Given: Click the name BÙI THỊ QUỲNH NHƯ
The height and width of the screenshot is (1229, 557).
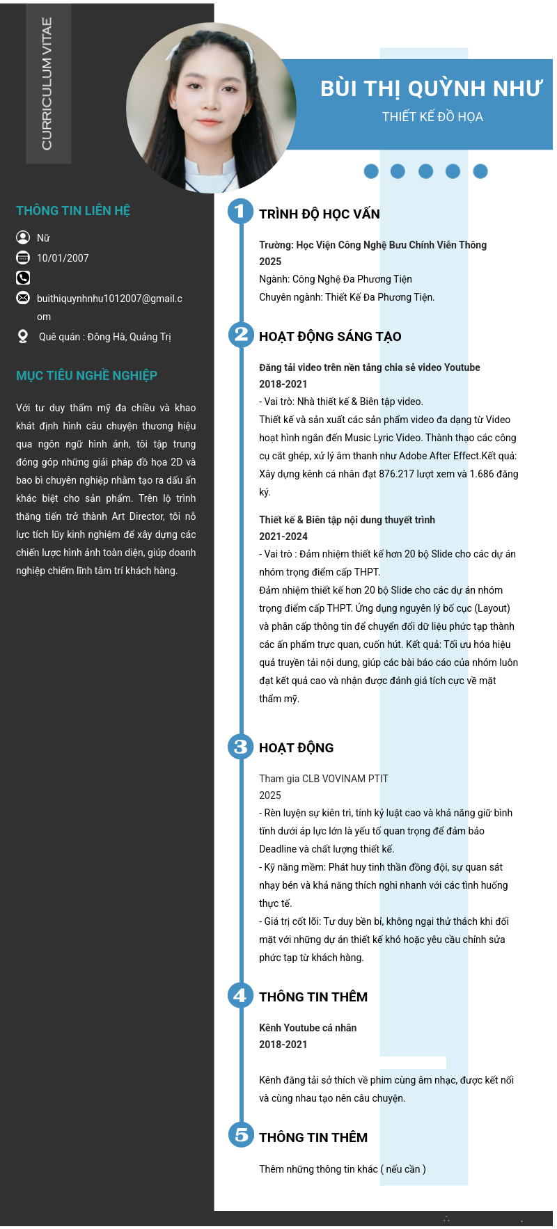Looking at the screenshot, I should (x=431, y=89).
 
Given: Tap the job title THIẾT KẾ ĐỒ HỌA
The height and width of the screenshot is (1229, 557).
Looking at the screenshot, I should (x=432, y=117).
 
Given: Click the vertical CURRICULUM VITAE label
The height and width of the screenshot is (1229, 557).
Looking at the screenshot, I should (x=47, y=84).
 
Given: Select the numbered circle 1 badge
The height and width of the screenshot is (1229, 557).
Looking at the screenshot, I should (x=240, y=211).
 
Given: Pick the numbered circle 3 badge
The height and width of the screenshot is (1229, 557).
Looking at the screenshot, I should (x=240, y=747).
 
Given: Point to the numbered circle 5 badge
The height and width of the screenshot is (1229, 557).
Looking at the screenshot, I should (x=241, y=1135).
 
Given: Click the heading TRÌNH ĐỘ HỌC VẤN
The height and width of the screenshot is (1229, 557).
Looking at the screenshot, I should (x=320, y=214).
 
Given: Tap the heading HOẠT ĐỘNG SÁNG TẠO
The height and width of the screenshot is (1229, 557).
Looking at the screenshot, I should (x=330, y=337).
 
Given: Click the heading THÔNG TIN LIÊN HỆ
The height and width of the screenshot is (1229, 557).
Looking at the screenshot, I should (x=73, y=211).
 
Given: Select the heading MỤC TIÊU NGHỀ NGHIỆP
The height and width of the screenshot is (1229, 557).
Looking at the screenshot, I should (x=86, y=376).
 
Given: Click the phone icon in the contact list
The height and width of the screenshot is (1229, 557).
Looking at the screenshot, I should (x=23, y=278).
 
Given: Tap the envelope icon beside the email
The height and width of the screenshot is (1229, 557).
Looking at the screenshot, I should (x=23, y=298).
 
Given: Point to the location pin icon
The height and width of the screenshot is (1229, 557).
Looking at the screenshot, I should (x=23, y=337).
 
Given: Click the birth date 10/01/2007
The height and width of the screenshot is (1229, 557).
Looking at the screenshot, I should (x=63, y=258).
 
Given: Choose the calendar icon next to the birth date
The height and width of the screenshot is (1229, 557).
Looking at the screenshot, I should (x=23, y=257).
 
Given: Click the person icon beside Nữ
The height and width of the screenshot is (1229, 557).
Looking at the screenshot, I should (x=23, y=237).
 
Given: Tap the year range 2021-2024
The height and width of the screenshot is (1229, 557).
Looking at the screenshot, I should (x=283, y=537).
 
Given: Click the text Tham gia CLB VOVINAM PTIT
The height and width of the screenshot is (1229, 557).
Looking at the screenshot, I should (x=324, y=779).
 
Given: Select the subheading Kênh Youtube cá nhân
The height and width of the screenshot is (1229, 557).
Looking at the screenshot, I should (x=308, y=1028).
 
